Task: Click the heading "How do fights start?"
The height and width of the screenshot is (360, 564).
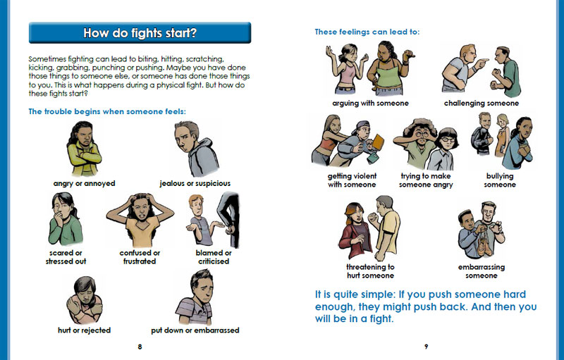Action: [x=140, y=33]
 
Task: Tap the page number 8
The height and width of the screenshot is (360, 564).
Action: [x=140, y=347]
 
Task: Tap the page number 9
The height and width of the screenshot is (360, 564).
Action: [x=427, y=347]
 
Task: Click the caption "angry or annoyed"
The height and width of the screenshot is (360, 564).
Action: [x=84, y=184]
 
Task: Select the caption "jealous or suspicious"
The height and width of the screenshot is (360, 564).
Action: [x=195, y=184]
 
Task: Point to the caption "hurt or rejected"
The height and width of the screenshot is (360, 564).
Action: [x=84, y=330]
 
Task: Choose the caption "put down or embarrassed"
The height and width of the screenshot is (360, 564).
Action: [x=195, y=330]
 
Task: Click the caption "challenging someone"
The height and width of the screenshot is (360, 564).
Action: [x=482, y=104]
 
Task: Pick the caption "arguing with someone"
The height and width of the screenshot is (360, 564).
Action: [x=371, y=104]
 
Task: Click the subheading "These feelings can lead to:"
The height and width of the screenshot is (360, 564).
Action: [x=367, y=32]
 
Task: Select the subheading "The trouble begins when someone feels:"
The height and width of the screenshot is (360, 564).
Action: [x=107, y=112]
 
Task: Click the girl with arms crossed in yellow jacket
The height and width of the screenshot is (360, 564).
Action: [x=84, y=149]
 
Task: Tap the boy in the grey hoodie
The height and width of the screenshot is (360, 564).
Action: [x=197, y=149]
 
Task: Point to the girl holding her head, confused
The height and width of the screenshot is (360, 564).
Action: [x=140, y=220]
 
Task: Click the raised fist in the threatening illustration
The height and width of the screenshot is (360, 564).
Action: [x=373, y=218]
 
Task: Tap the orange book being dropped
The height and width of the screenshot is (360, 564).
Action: [x=378, y=141]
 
